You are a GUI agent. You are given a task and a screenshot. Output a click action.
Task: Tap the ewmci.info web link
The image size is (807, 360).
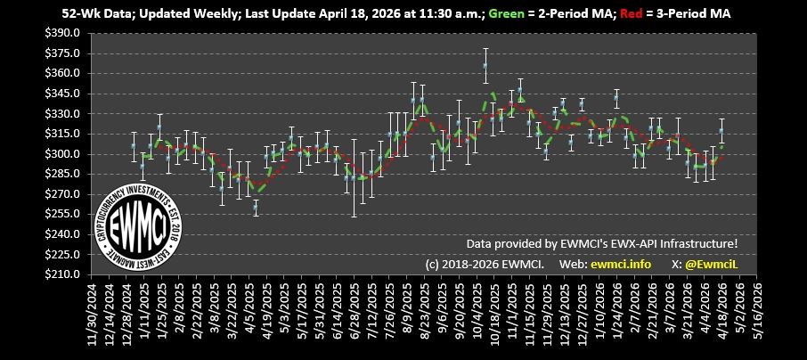click(x=620, y=264)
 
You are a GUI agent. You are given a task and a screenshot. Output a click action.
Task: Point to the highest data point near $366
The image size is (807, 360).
click(x=485, y=65)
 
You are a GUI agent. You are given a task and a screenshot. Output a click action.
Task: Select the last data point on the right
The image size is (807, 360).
click(x=721, y=130)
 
